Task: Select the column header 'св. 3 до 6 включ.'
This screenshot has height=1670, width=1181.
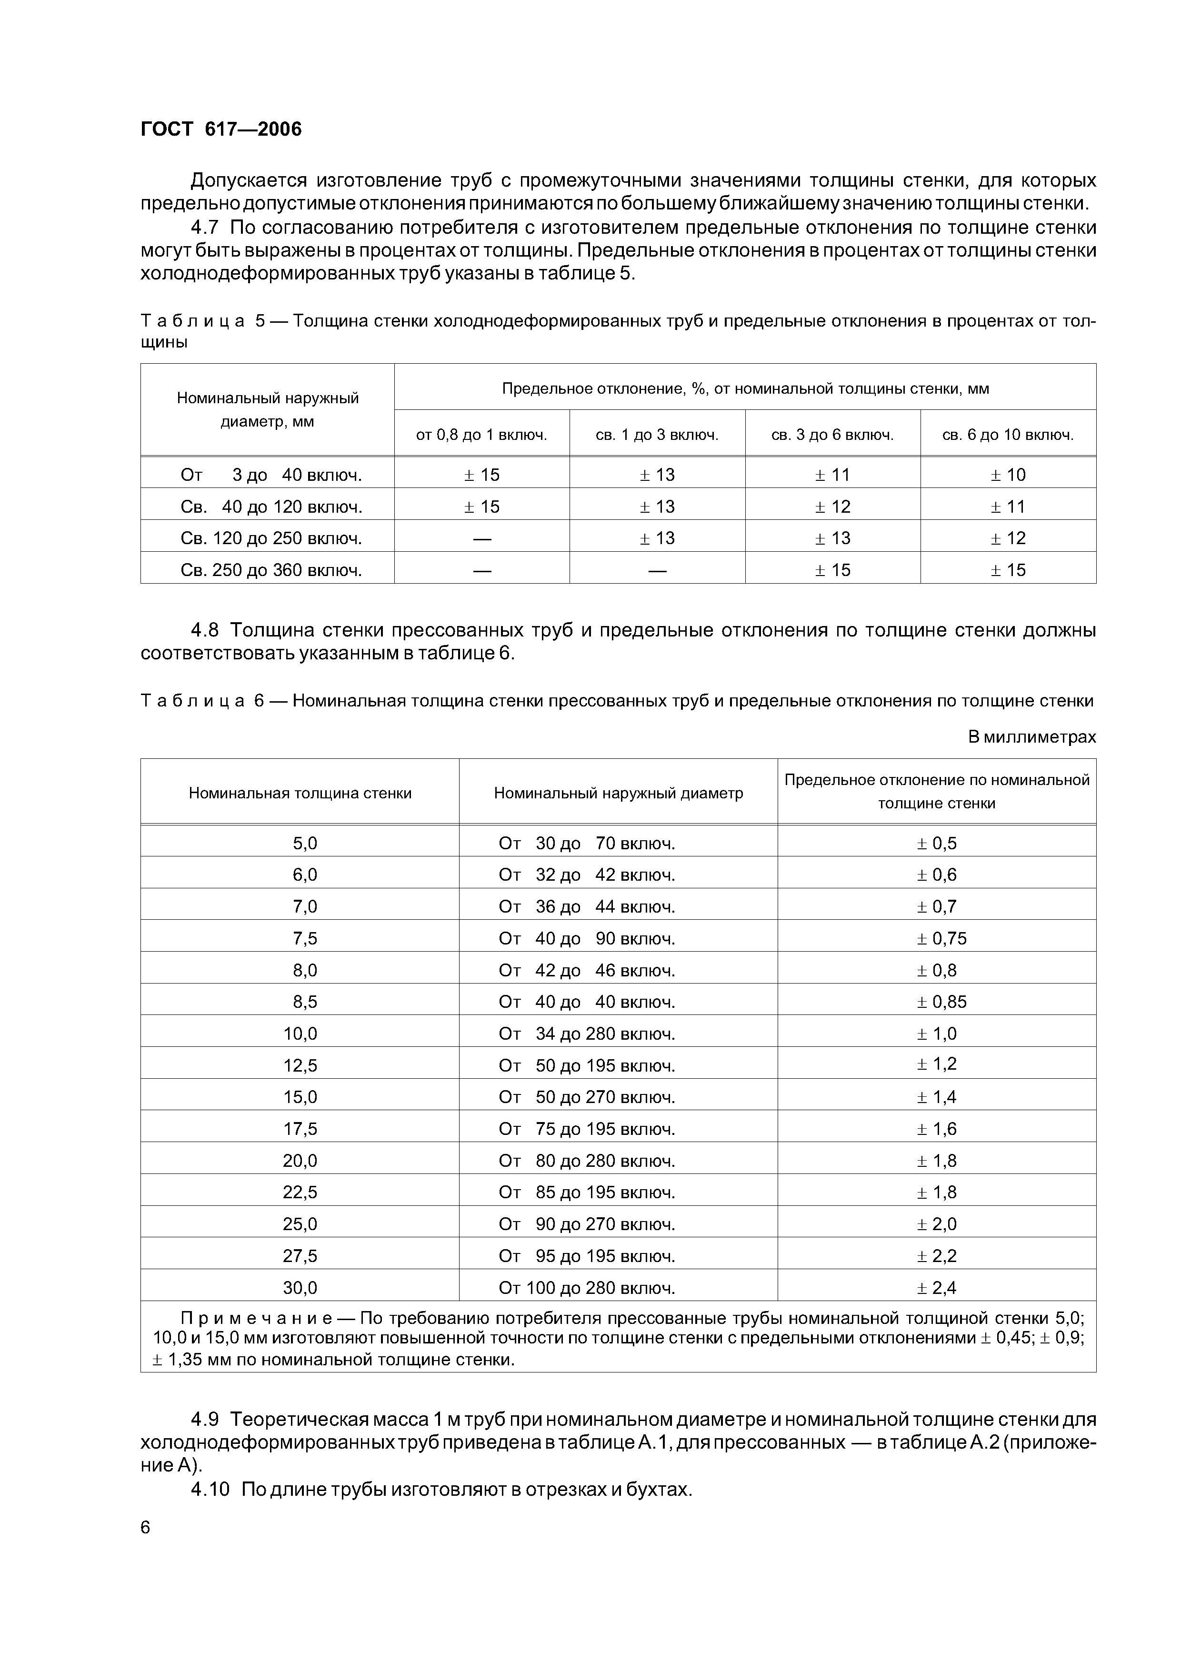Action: point(832,435)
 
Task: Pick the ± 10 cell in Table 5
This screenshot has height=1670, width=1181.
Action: point(1008,475)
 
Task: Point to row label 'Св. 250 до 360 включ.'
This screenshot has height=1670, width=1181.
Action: point(270,569)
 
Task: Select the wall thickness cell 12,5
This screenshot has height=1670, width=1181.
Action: point(300,1065)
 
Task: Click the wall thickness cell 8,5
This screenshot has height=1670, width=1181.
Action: point(305,1002)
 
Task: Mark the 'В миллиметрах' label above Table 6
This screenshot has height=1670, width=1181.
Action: point(1031,737)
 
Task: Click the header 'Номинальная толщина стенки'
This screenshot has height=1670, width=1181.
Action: point(300,793)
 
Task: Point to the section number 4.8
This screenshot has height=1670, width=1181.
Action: point(210,630)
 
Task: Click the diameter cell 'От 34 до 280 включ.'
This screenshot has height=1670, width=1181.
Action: point(587,1034)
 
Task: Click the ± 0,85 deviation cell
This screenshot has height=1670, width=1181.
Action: point(941,1002)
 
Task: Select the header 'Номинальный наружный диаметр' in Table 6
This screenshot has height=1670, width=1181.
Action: point(619,793)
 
